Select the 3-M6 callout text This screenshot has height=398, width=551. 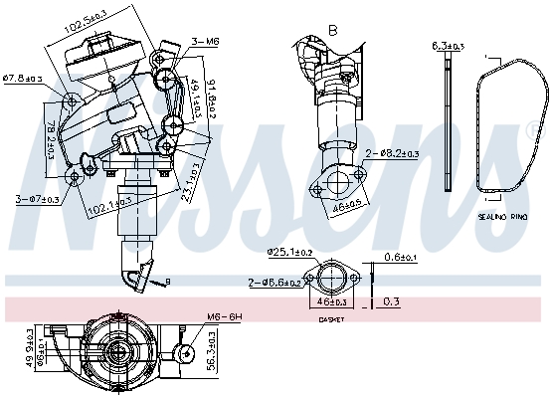[205, 41]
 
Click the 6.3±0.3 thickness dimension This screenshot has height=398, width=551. [448, 46]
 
